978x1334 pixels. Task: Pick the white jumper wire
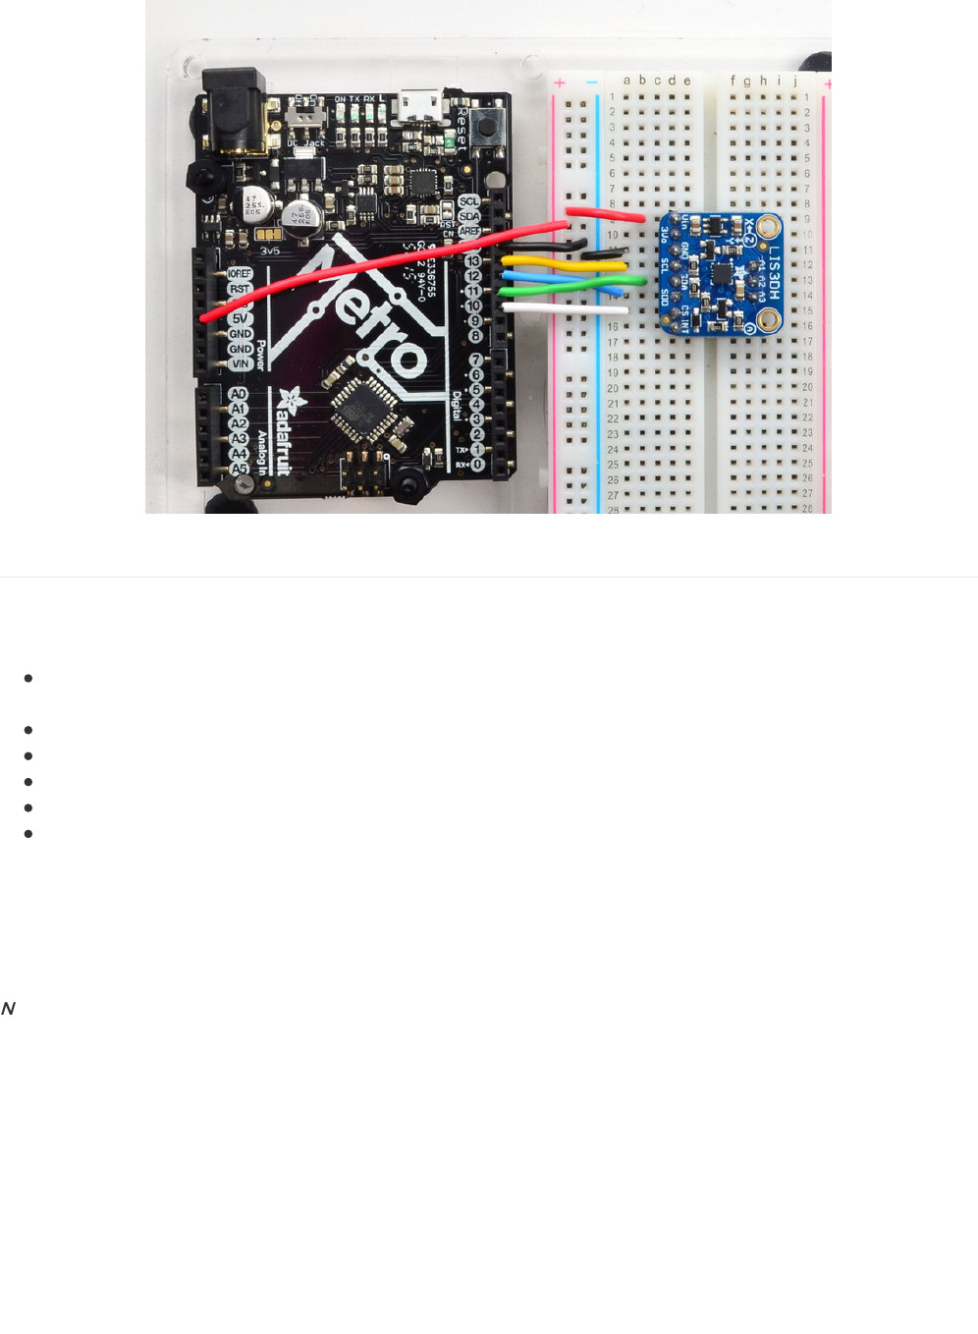[x=565, y=308]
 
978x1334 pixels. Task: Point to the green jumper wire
[x=570, y=286]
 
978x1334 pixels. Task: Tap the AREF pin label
[x=469, y=231]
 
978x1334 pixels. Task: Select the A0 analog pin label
[x=238, y=394]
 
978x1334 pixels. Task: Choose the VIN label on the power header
[x=240, y=363]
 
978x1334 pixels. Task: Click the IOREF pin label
[x=239, y=274]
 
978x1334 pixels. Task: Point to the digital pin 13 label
[x=473, y=261]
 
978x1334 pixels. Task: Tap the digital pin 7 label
[x=475, y=361]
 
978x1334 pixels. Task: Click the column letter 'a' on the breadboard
[x=627, y=81]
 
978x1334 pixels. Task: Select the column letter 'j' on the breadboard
[x=795, y=82]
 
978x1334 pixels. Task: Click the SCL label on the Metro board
[x=469, y=201]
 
